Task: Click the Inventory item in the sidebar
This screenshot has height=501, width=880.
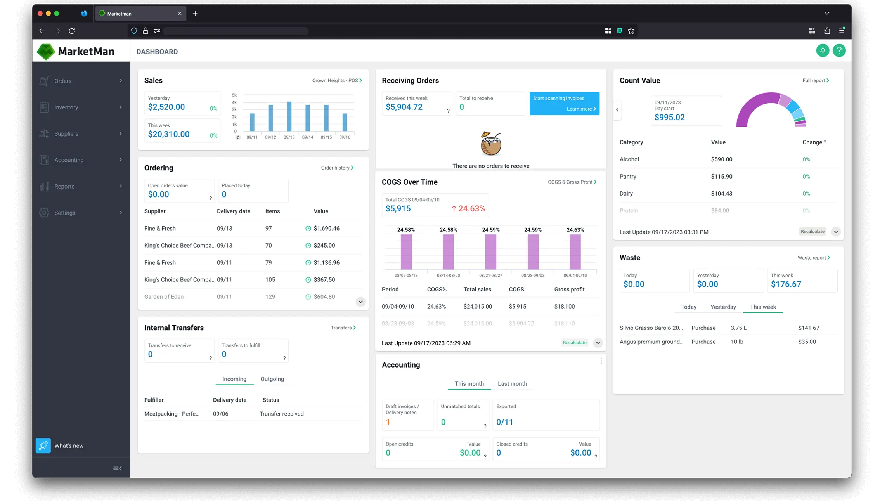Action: click(x=66, y=107)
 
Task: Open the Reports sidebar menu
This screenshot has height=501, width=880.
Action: click(x=64, y=187)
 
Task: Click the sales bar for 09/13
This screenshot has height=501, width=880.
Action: click(x=289, y=116)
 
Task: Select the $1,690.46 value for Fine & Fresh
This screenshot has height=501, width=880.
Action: click(x=326, y=229)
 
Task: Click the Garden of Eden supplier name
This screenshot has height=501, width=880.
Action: click(x=164, y=297)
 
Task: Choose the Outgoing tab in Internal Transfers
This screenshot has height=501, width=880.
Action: click(x=272, y=379)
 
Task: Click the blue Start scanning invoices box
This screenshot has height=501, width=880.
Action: click(x=564, y=103)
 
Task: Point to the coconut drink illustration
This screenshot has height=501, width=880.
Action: click(x=490, y=144)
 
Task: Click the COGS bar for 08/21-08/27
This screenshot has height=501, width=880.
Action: click(x=490, y=252)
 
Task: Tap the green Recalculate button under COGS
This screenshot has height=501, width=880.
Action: click(x=574, y=343)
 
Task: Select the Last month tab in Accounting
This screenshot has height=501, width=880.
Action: click(x=512, y=384)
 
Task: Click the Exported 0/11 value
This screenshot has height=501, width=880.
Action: click(x=504, y=422)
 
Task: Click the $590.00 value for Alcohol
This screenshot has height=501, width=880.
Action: click(x=721, y=159)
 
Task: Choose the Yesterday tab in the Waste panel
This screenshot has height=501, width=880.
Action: click(x=723, y=307)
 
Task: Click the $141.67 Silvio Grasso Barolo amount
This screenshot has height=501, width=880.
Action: click(x=809, y=328)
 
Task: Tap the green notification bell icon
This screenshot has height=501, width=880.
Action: click(x=822, y=50)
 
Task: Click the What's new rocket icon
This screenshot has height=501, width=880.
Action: click(x=43, y=446)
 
